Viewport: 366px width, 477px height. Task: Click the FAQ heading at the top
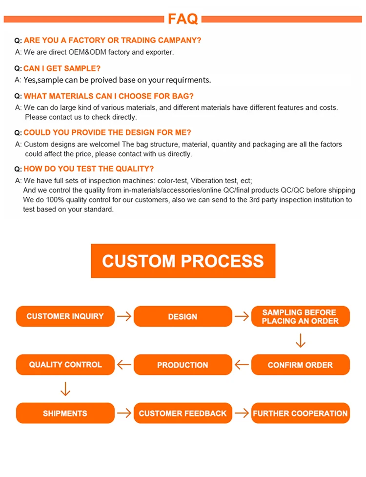pyautogui.click(x=183, y=19)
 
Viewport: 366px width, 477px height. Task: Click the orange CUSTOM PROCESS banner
pyautogui.click(x=183, y=261)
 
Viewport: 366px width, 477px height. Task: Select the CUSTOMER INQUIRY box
pyautogui.click(x=65, y=316)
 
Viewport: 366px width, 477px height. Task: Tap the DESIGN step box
pyautogui.click(x=183, y=316)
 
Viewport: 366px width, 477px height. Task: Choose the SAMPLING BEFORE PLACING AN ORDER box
pyautogui.click(x=300, y=316)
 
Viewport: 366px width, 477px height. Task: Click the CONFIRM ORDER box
pyautogui.click(x=300, y=365)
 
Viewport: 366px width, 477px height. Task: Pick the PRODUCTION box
pyautogui.click(x=183, y=365)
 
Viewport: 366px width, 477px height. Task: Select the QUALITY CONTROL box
pyautogui.click(x=65, y=365)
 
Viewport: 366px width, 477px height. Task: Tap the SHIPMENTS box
pyautogui.click(x=65, y=413)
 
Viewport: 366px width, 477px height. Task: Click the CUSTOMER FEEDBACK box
pyautogui.click(x=183, y=413)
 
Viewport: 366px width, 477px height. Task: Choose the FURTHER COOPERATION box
pyautogui.click(x=300, y=413)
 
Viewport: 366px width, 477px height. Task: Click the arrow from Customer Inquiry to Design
pyautogui.click(x=124, y=316)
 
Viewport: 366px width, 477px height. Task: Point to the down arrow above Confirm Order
pyautogui.click(x=301, y=340)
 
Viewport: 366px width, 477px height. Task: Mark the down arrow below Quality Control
pyautogui.click(x=65, y=389)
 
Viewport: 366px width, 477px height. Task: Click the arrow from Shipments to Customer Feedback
pyautogui.click(x=124, y=413)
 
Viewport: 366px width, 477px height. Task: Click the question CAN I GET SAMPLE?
pyautogui.click(x=62, y=68)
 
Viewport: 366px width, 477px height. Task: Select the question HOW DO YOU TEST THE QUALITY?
pyautogui.click(x=89, y=169)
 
